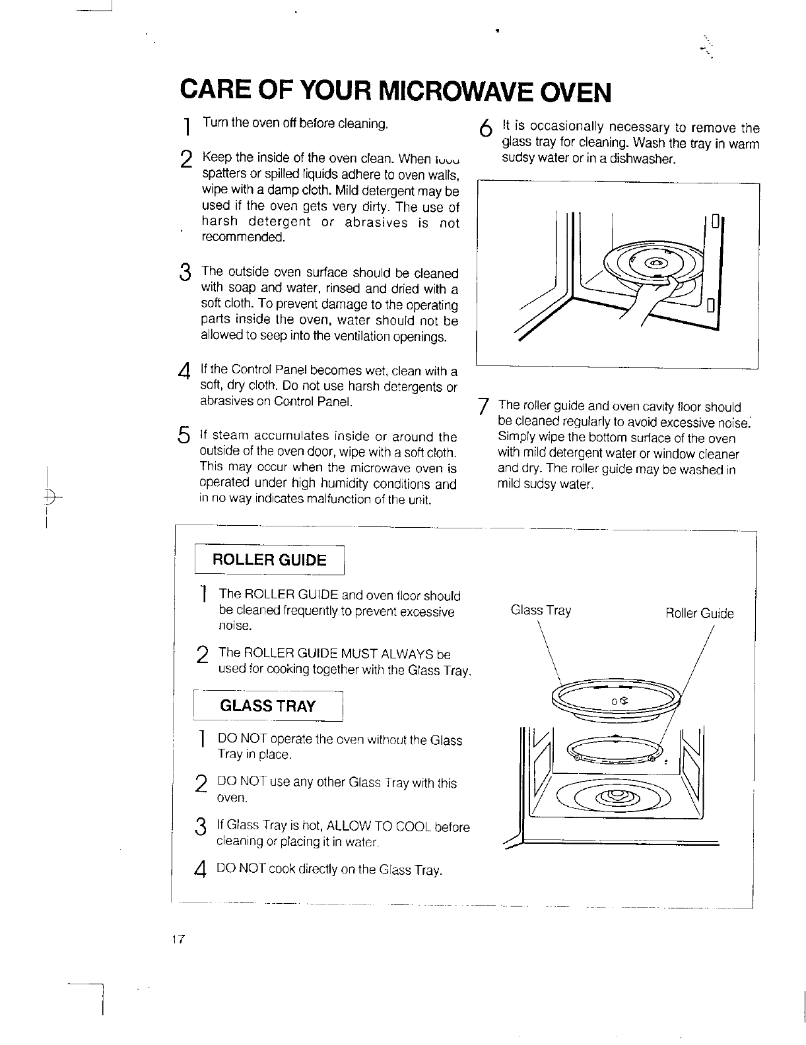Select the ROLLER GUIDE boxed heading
click(269, 561)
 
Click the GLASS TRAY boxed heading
click(268, 706)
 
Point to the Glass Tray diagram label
click(541, 610)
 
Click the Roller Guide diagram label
click(699, 614)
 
